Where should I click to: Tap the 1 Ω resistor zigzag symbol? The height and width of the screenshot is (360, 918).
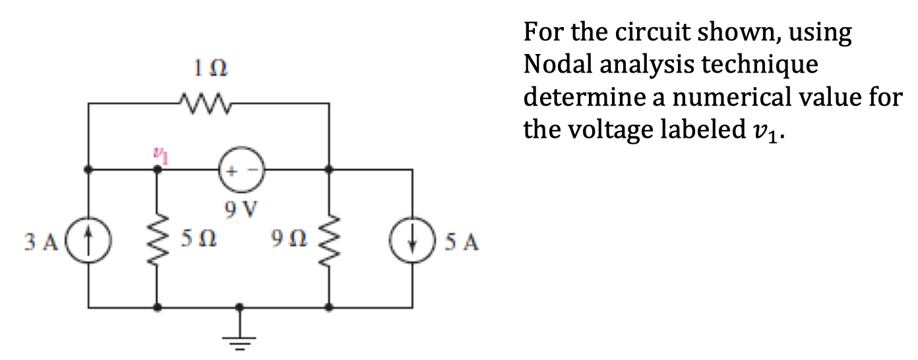pos(203,103)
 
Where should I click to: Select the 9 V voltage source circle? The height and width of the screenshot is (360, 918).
pos(239,169)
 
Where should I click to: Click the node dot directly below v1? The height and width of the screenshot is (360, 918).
pos(157,169)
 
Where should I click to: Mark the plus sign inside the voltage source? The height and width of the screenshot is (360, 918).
pos(231,169)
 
